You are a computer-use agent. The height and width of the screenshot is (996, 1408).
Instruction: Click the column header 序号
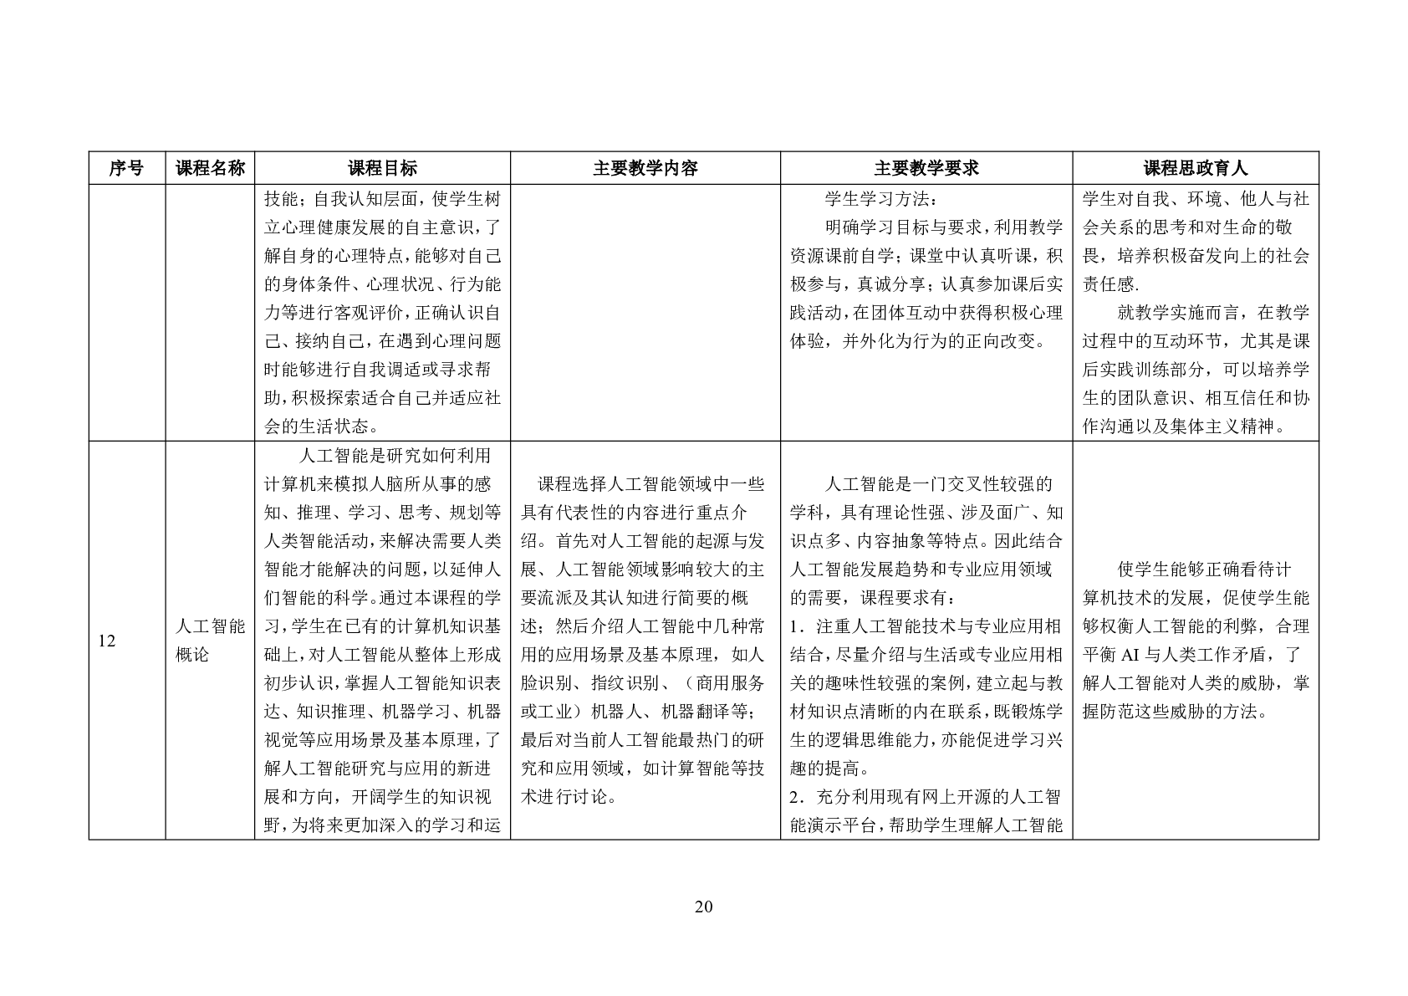coord(126,168)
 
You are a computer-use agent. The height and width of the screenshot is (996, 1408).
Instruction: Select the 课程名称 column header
coord(210,168)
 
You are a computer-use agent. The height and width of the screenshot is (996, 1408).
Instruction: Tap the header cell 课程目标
coord(382,168)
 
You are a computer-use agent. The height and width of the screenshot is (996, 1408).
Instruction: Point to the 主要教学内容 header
coord(645,168)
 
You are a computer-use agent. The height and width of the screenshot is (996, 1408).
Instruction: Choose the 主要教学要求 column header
coord(926,168)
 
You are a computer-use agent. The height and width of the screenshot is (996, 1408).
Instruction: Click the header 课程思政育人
coord(1196,168)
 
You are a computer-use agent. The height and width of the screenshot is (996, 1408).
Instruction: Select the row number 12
coord(106,641)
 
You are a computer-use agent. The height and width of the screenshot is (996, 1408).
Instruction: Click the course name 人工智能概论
coord(210,641)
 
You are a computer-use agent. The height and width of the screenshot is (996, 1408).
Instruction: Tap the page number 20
coord(703,907)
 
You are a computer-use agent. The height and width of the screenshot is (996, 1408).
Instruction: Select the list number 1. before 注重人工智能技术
coord(796,626)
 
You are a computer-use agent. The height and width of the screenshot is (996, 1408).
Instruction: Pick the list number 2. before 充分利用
coord(796,797)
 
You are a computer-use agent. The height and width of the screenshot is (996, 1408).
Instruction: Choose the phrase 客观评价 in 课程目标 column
coord(364,313)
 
